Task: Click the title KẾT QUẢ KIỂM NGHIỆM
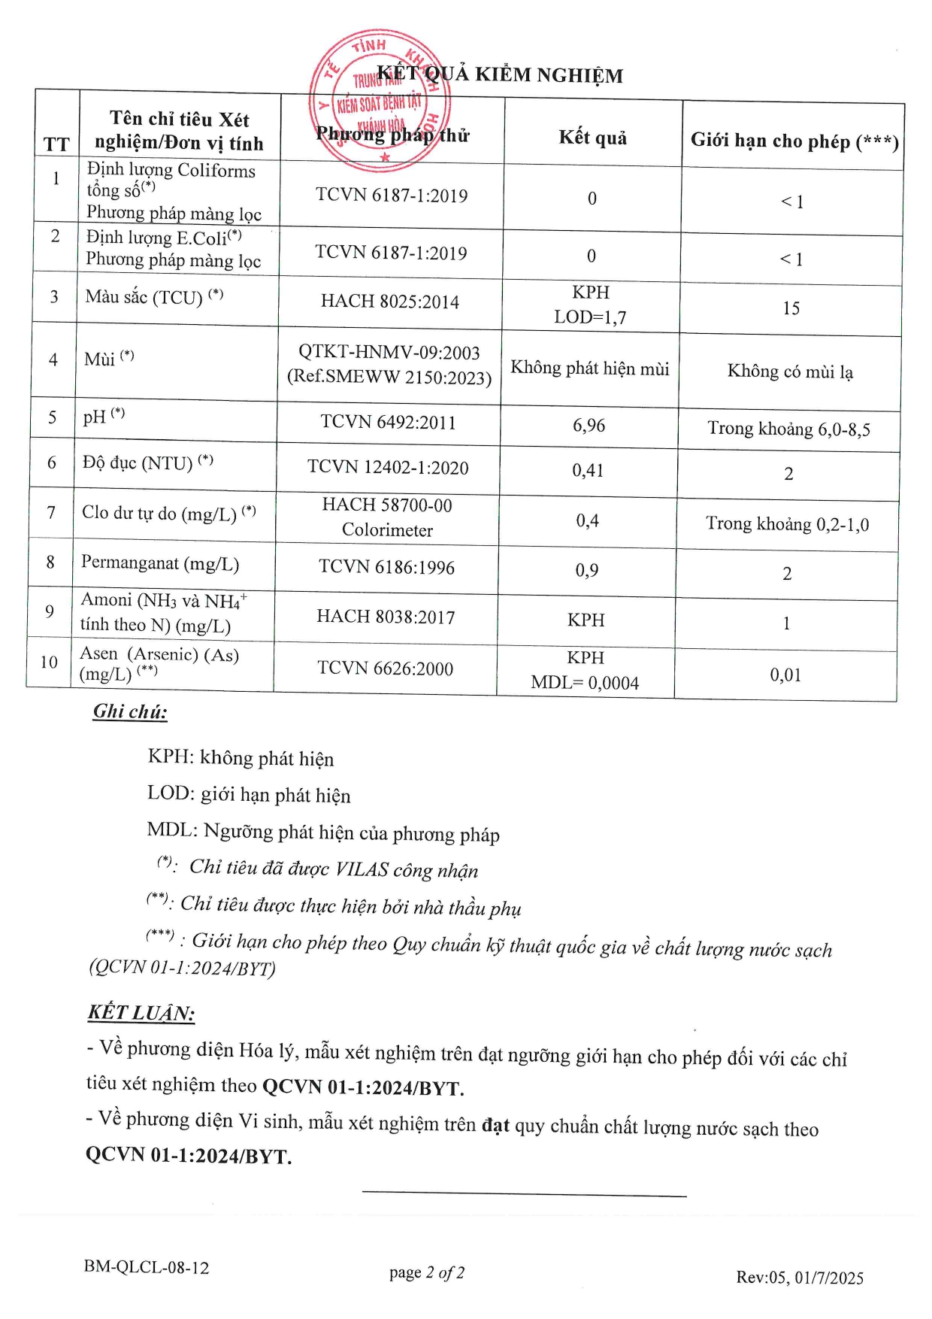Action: tap(500, 74)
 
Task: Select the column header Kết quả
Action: tap(592, 138)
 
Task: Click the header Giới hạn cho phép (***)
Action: tap(794, 141)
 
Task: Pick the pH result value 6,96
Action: tap(589, 426)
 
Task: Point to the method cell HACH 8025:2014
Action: tap(390, 302)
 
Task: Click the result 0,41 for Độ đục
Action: tap(588, 471)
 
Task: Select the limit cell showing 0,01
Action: tap(785, 675)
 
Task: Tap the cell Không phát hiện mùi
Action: tap(590, 368)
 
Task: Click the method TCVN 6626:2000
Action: tap(385, 668)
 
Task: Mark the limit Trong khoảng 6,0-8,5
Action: tap(788, 429)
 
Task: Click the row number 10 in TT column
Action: tap(49, 662)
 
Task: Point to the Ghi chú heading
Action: tap(130, 711)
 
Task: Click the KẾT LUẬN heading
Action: tap(141, 1013)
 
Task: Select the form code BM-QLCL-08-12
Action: tap(147, 1267)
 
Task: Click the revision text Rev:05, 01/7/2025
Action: tap(800, 1278)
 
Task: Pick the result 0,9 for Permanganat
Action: tap(587, 571)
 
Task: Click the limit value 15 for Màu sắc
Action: tap(791, 309)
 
